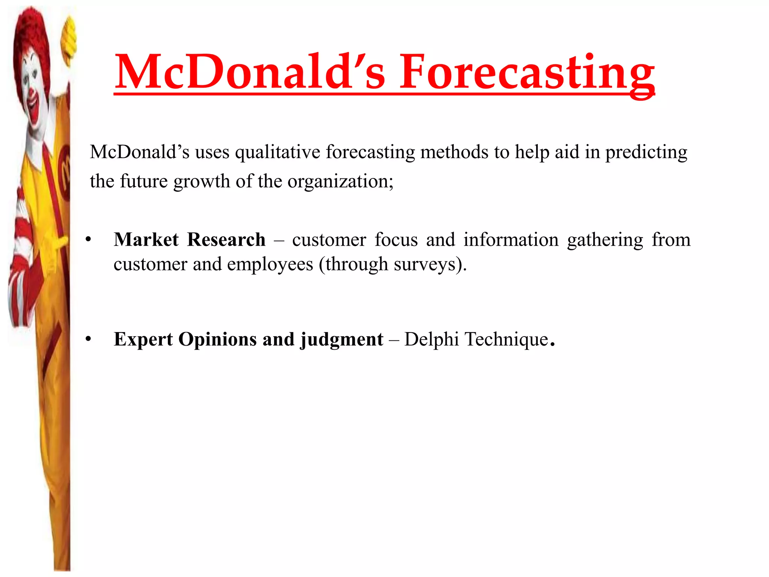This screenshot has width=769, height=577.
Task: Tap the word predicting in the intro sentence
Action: pos(646,152)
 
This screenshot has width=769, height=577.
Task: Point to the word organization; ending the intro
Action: pos(340,181)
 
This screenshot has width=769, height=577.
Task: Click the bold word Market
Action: pos(146,240)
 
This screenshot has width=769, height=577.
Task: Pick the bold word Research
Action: pos(226,240)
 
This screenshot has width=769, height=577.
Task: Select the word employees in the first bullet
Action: pos(270,264)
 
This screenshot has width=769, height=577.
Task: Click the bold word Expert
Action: pos(143,339)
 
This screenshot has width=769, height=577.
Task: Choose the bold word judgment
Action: pos(342,339)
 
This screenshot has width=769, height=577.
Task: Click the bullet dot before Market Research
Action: pos(88,240)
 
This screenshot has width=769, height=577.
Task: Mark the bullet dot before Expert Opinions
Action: pos(88,339)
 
